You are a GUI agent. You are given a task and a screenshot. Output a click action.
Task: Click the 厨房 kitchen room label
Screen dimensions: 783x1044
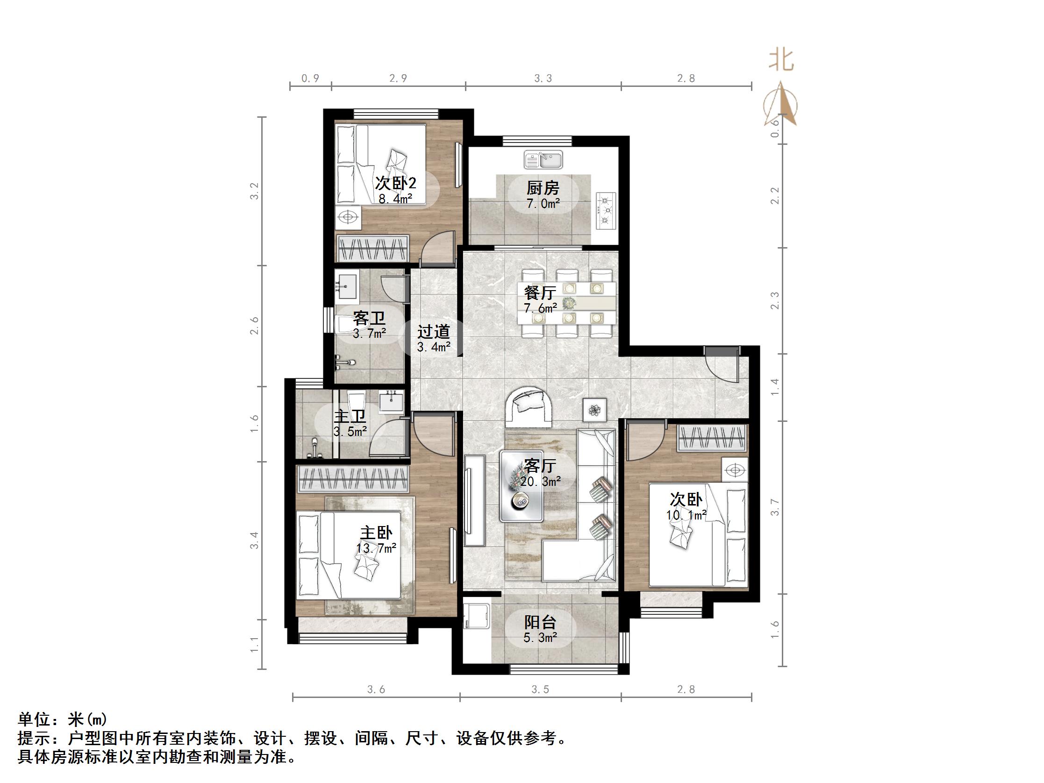point(543,188)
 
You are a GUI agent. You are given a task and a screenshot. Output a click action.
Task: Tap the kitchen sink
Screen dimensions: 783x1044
point(543,159)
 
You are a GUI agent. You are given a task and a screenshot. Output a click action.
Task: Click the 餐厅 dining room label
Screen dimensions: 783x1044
point(539,293)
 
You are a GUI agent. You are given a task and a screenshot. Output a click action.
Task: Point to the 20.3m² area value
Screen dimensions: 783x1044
point(540,481)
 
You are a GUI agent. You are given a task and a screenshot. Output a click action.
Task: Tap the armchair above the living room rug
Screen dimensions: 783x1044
point(529,406)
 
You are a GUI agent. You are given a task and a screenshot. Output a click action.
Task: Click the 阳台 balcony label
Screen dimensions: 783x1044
point(540,623)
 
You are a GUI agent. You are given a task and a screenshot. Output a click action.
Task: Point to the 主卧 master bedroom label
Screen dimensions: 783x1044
point(376,533)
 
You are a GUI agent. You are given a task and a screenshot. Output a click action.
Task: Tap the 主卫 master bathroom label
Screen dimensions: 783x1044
point(350,416)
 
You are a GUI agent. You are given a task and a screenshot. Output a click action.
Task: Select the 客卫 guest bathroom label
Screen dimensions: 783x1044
point(369,318)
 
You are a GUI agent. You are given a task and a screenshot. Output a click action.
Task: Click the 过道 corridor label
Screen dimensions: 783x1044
point(433,332)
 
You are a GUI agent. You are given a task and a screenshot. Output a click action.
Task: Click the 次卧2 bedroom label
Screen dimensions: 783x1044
point(395,183)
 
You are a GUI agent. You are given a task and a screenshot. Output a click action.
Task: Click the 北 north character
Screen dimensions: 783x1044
point(781,60)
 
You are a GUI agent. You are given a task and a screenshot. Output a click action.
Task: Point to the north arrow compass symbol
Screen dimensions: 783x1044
point(780,104)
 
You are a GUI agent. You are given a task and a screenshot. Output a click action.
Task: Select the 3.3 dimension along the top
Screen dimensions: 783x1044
point(543,78)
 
